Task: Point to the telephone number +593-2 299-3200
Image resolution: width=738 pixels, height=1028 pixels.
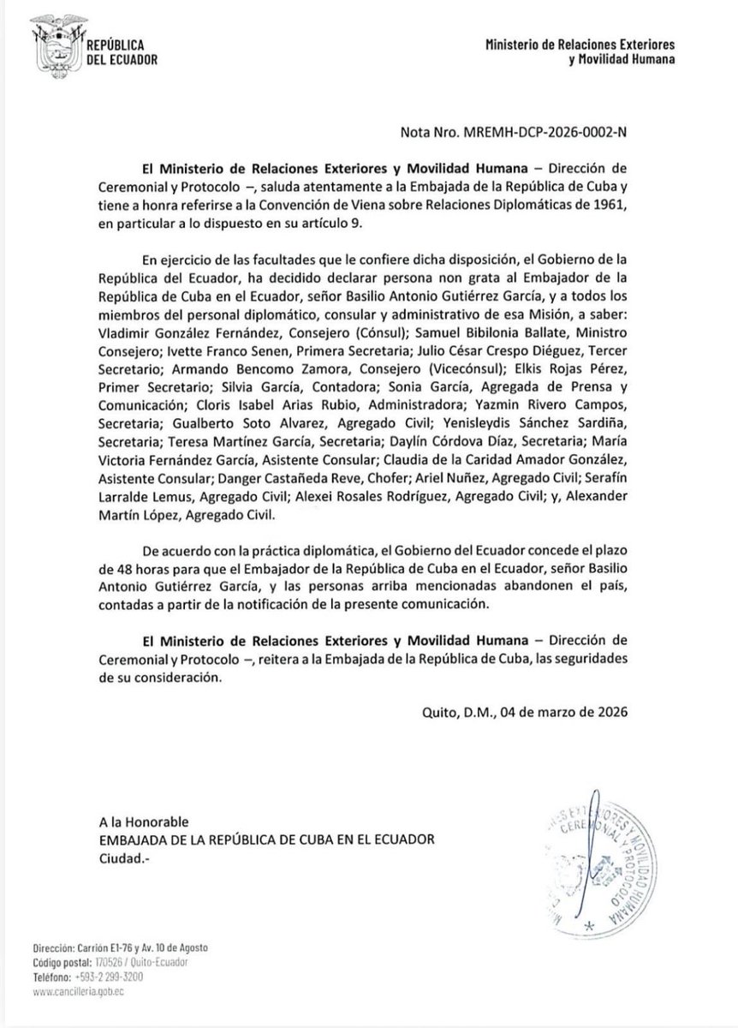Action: pyautogui.click(x=119, y=978)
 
